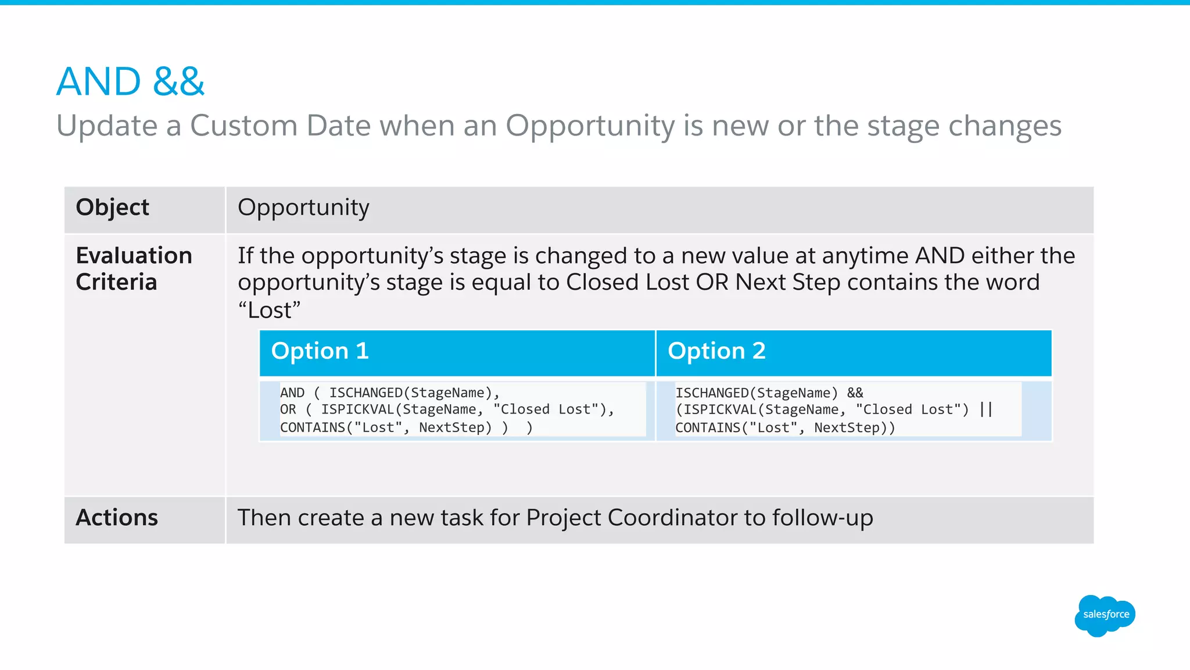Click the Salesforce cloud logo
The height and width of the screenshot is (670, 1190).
click(x=1105, y=615)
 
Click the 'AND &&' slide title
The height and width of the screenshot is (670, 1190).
click(x=130, y=81)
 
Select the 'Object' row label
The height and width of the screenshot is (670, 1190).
click(x=112, y=208)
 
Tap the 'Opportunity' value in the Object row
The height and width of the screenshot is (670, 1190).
click(x=303, y=208)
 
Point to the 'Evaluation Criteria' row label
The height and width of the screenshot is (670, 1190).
click(x=134, y=269)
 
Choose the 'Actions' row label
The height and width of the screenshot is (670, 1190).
click(x=117, y=518)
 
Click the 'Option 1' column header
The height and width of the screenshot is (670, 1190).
click(x=320, y=351)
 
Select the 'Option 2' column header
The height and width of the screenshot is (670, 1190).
click(x=716, y=351)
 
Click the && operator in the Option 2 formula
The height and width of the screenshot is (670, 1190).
click(x=855, y=393)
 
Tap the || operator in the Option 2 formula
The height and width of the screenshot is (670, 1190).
click(x=985, y=409)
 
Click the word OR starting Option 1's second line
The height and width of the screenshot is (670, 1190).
click(x=288, y=409)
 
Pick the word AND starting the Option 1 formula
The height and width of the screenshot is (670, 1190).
click(x=292, y=393)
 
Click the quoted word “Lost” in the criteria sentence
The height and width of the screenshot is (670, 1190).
click(x=269, y=310)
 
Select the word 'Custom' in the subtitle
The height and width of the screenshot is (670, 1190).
click(x=243, y=126)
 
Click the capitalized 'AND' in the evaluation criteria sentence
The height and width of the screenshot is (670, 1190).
click(x=940, y=256)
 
